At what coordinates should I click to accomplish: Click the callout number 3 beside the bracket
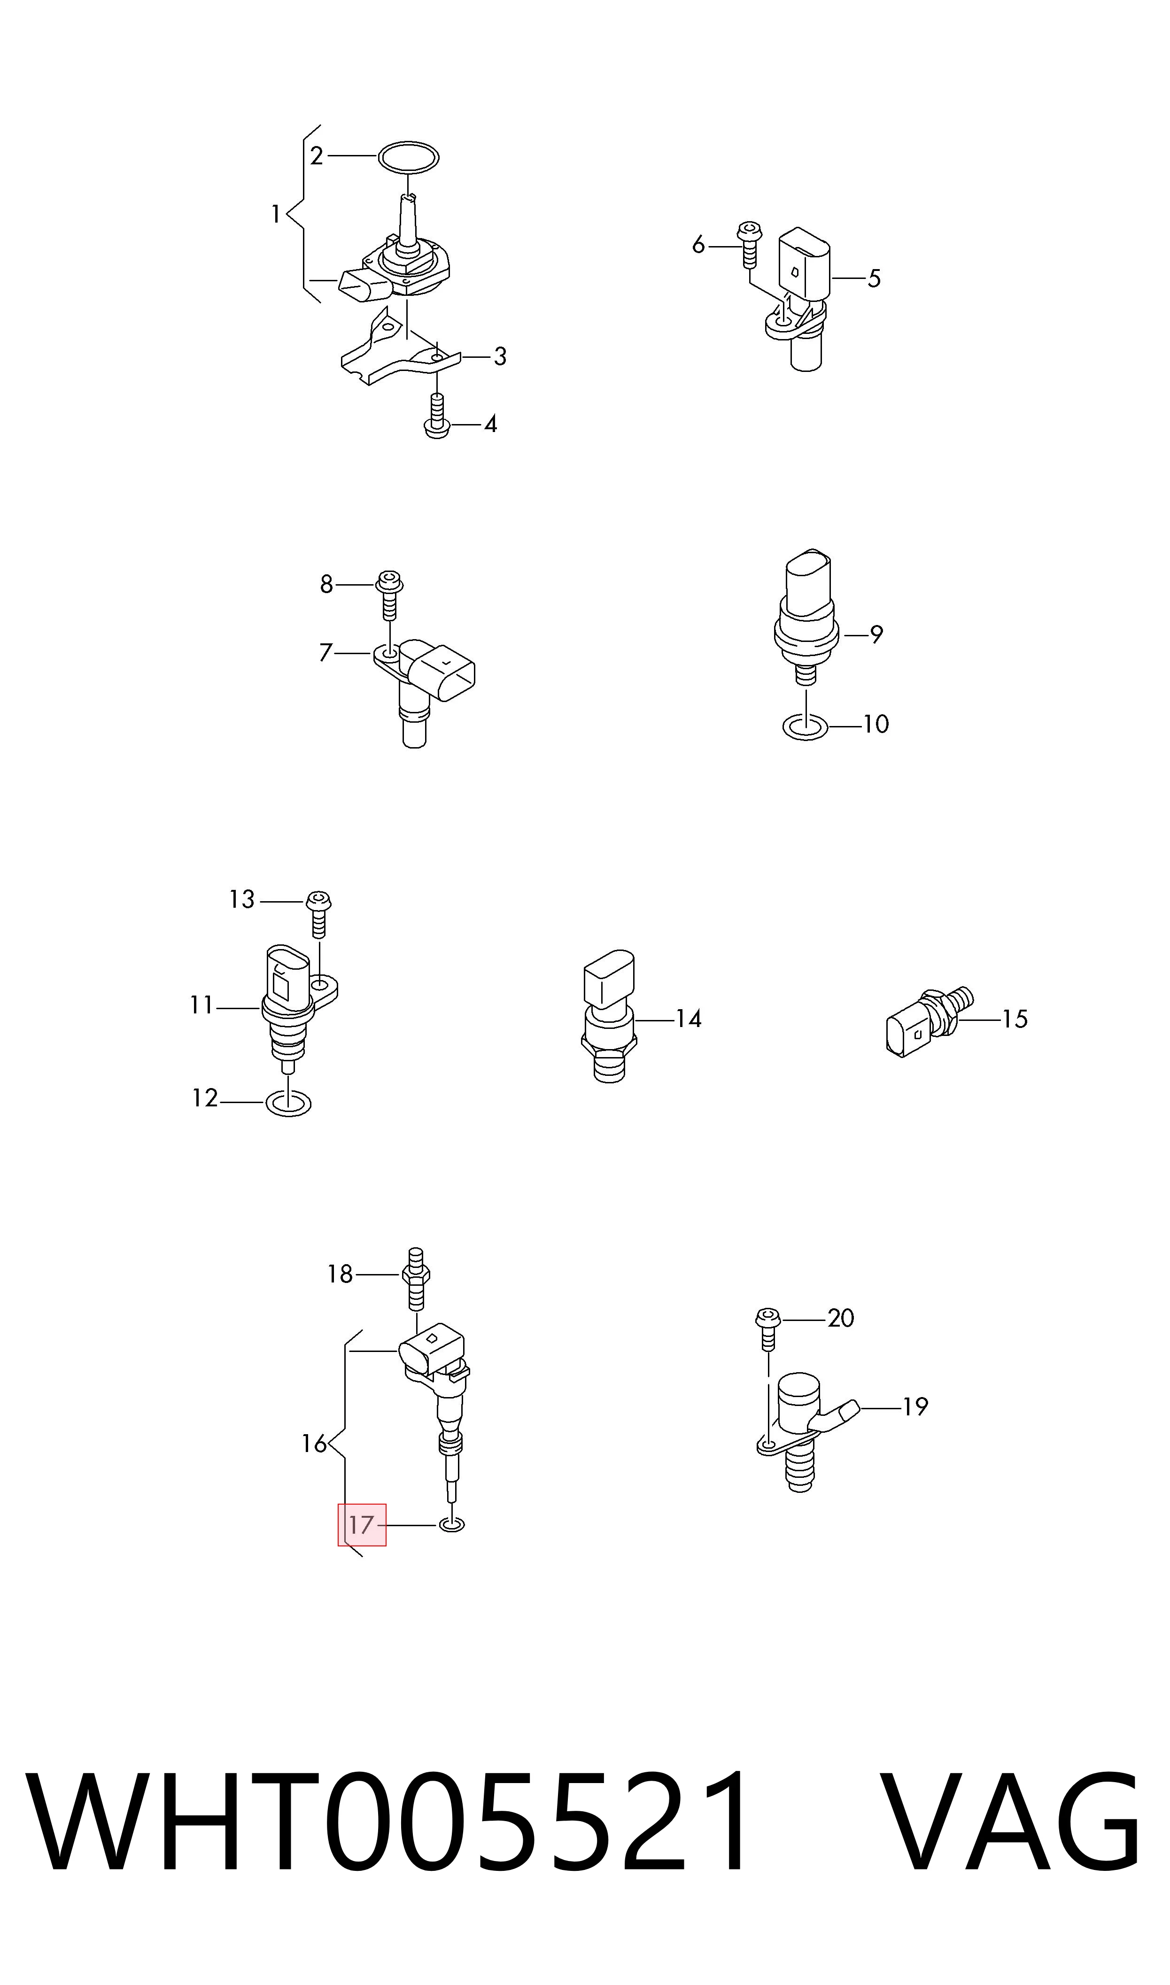click(500, 357)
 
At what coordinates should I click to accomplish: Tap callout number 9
click(876, 634)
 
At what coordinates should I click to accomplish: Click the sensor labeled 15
click(929, 1021)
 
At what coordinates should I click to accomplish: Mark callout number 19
click(914, 1406)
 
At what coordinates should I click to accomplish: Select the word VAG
click(1010, 1815)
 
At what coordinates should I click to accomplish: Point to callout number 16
click(314, 1444)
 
